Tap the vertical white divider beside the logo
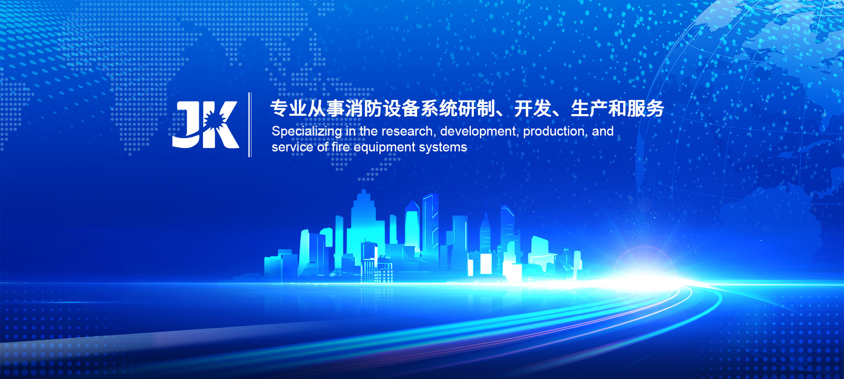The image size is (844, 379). (x=250, y=125)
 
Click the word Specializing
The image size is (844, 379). (x=307, y=132)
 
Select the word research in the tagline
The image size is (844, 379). (x=407, y=131)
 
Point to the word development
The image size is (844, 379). (x=478, y=132)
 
